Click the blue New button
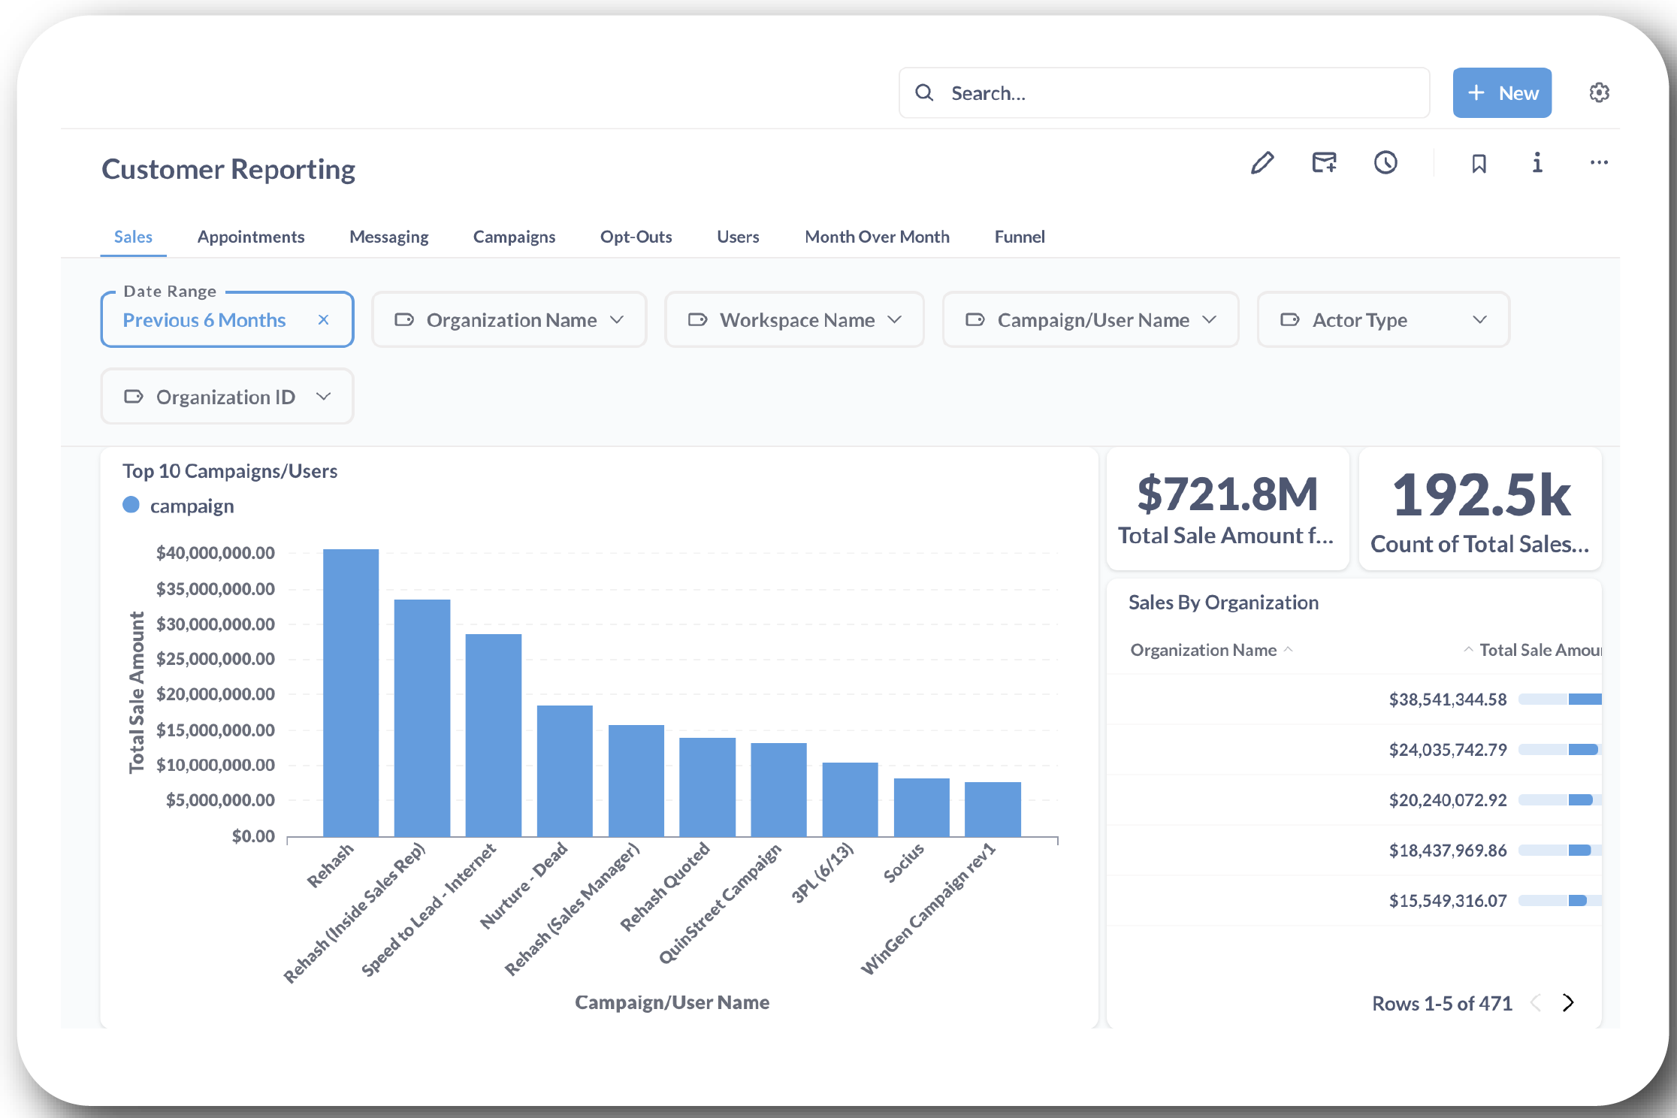1501,93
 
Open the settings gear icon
1599,92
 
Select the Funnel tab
1019,237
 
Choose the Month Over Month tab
877,237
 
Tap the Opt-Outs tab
636,237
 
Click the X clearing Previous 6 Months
323,320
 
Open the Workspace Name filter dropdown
794,320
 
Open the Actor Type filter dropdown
1382,320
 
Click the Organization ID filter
227,397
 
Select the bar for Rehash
351,691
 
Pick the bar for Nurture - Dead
564,770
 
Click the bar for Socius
921,807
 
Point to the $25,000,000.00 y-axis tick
215,659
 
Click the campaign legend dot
131,505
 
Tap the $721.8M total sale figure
1227,494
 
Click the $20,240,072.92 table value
1447,800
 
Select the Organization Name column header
1203,650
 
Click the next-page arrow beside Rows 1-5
1567,1003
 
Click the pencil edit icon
1262,163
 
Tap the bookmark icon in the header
1479,163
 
